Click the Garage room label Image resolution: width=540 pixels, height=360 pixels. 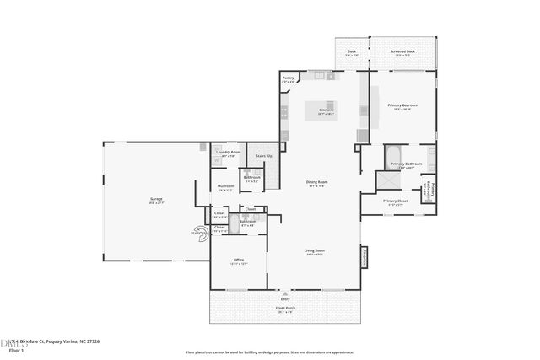(x=156, y=200)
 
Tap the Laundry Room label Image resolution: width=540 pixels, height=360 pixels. (x=229, y=153)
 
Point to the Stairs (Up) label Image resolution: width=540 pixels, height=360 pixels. (x=264, y=156)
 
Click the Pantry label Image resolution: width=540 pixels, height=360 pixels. (x=288, y=78)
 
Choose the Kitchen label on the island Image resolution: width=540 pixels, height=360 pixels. (x=324, y=110)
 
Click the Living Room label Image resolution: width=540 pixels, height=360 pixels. (x=315, y=250)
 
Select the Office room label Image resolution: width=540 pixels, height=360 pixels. (x=238, y=260)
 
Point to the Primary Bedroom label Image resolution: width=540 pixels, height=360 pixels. (x=404, y=105)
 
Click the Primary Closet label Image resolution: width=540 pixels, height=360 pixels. (x=395, y=201)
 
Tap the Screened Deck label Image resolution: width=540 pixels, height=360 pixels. (x=402, y=51)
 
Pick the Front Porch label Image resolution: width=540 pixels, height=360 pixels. (x=283, y=309)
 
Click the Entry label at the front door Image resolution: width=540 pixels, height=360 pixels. (x=283, y=298)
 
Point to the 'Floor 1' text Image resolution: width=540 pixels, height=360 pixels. (x=16, y=349)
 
